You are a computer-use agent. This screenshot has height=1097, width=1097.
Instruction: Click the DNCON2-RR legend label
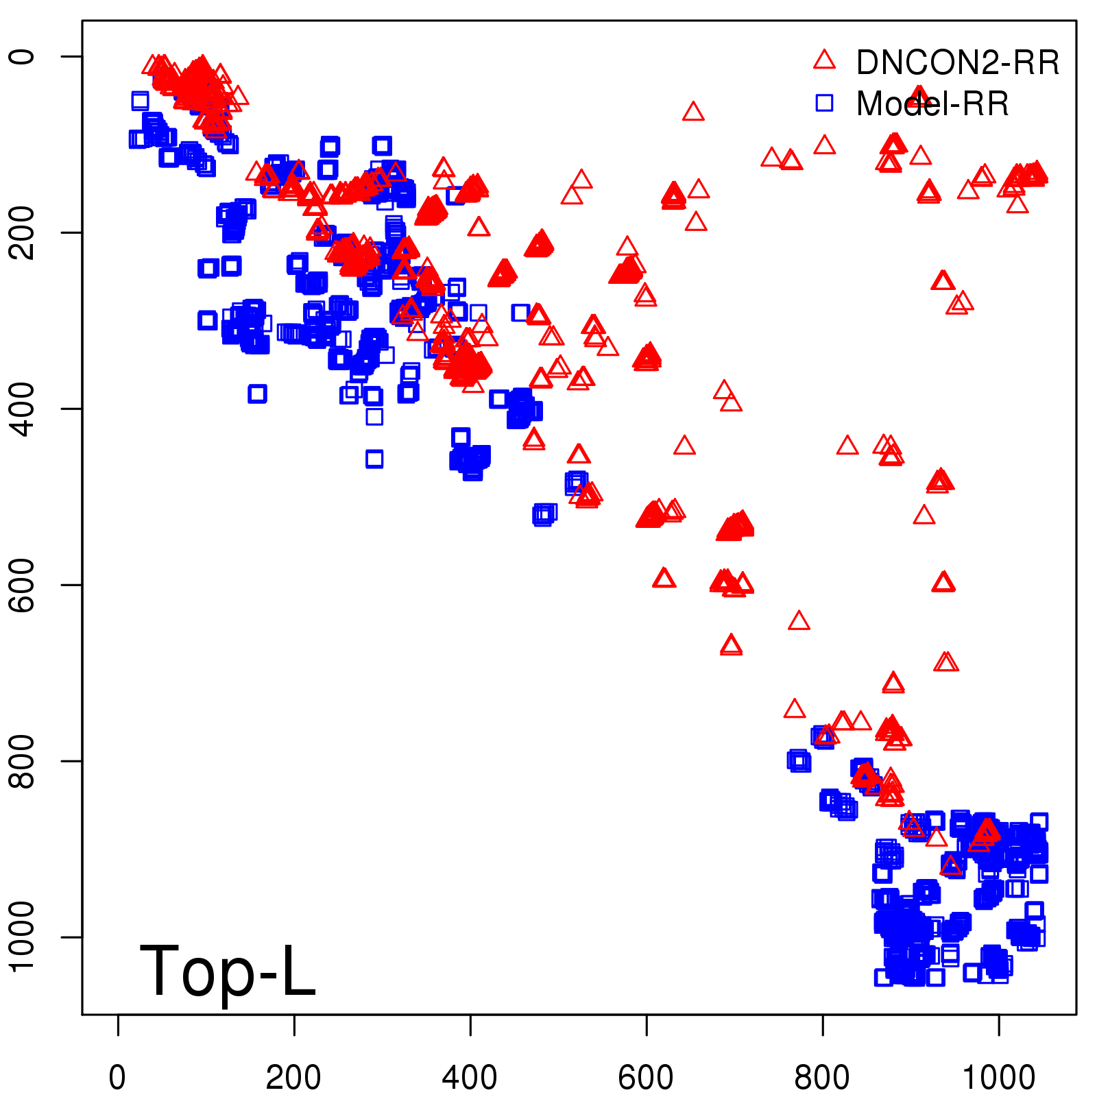pos(957,63)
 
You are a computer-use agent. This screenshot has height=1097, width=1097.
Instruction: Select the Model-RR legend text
pos(932,104)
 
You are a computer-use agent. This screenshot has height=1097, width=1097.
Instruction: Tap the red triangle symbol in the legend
pos(824,60)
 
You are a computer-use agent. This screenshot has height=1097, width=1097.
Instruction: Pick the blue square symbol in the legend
pos(824,103)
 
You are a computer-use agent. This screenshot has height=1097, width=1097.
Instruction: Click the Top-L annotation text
pos(228,971)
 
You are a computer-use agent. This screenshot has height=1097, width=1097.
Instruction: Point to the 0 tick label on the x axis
pos(117,1078)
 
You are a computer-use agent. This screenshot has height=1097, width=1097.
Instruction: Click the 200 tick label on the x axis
pos(293,1078)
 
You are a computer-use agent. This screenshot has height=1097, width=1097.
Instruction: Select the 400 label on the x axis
pos(470,1078)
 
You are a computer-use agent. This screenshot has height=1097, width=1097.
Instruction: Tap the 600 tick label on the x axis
pos(646,1078)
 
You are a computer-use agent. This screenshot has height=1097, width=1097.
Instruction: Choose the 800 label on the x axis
pos(822,1078)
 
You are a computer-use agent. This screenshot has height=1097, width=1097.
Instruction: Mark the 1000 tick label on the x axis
pos(998,1078)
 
